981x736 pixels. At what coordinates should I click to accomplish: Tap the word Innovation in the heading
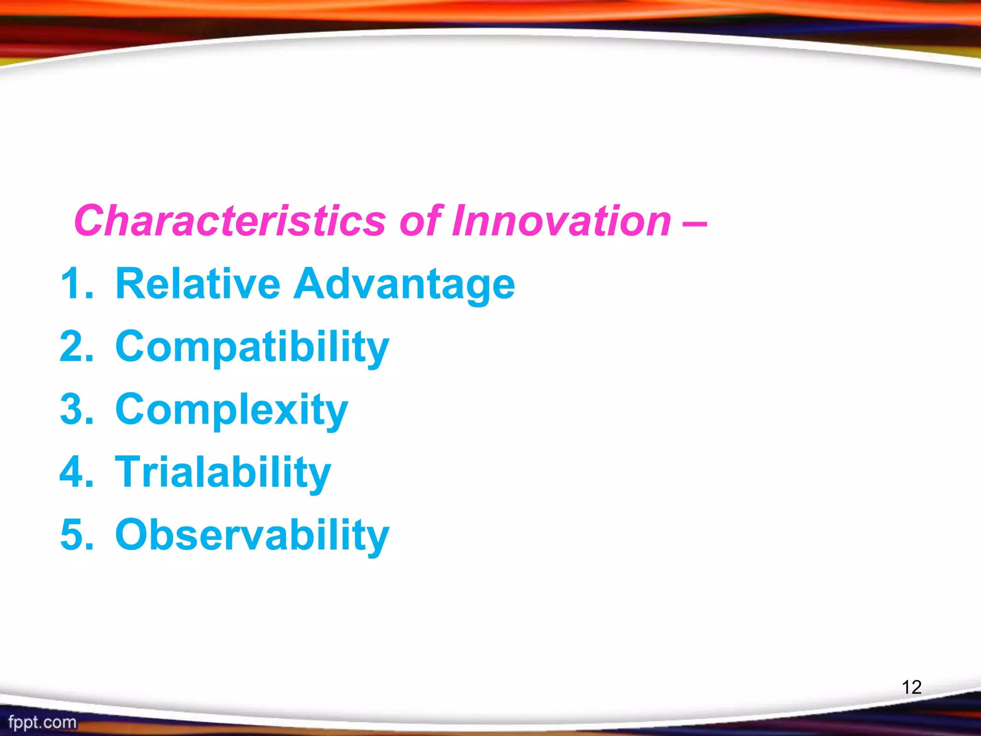click(561, 221)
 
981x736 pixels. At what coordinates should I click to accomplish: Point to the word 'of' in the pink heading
click(420, 221)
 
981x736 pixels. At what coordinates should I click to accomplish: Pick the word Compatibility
click(252, 347)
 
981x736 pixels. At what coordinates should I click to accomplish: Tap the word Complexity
click(231, 410)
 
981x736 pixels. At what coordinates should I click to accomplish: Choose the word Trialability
click(223, 472)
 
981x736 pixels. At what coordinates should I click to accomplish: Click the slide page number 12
click(912, 687)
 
